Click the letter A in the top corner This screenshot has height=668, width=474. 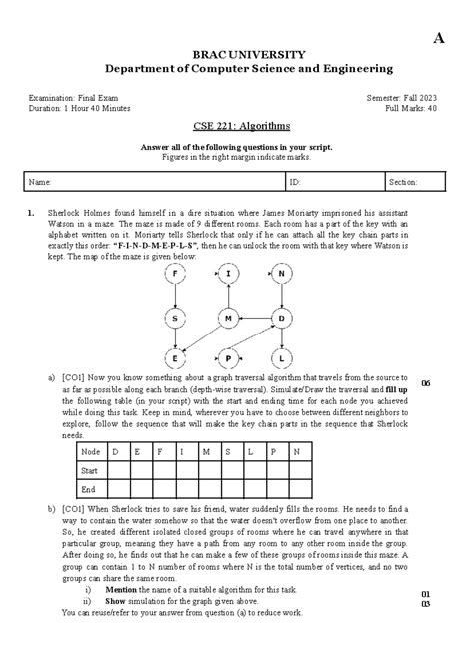(437, 37)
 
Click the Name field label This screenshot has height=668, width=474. (40, 183)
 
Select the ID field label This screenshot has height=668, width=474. (294, 183)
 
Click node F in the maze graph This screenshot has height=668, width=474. (175, 274)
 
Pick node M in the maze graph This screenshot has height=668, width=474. (229, 318)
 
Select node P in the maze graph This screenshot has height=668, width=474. (229, 357)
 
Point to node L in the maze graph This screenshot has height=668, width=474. (282, 357)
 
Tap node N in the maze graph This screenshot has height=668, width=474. (282, 274)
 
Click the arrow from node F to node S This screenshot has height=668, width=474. (175, 296)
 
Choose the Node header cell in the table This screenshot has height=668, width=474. (91, 451)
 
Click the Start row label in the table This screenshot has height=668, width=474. (90, 470)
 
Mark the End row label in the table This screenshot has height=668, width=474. (88, 489)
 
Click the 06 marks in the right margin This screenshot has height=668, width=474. (426, 383)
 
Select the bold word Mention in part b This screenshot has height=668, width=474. (119, 589)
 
